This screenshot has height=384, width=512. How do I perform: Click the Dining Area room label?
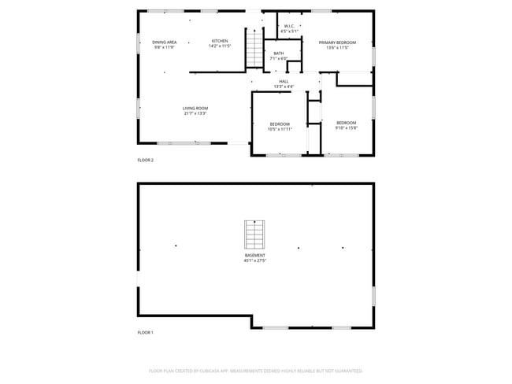coord(164,42)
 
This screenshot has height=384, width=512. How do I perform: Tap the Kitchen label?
coord(220,41)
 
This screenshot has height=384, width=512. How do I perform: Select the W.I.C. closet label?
coord(289,26)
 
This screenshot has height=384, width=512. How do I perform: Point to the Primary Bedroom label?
coord(337,42)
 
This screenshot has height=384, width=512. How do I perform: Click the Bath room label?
coord(279,54)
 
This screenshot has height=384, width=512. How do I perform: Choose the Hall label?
coord(284,81)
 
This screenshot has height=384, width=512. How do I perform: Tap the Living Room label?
coord(195,109)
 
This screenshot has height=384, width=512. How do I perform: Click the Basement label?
coord(254,255)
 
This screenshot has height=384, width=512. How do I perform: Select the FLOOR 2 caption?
coord(146,160)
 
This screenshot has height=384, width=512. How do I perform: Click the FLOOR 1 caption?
coord(146,332)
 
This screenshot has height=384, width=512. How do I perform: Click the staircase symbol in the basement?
coord(254,234)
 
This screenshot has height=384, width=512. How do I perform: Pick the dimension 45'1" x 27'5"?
coord(254,260)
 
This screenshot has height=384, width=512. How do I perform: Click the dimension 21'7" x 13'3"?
coord(195,113)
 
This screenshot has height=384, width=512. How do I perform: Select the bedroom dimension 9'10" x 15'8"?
coord(347,127)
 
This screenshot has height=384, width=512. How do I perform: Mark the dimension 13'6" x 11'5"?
coord(337,47)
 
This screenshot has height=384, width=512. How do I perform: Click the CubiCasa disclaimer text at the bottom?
coord(255,370)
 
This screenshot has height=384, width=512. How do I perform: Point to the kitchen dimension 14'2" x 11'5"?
coord(220,46)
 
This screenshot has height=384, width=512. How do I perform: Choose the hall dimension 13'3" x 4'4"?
coord(284,86)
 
